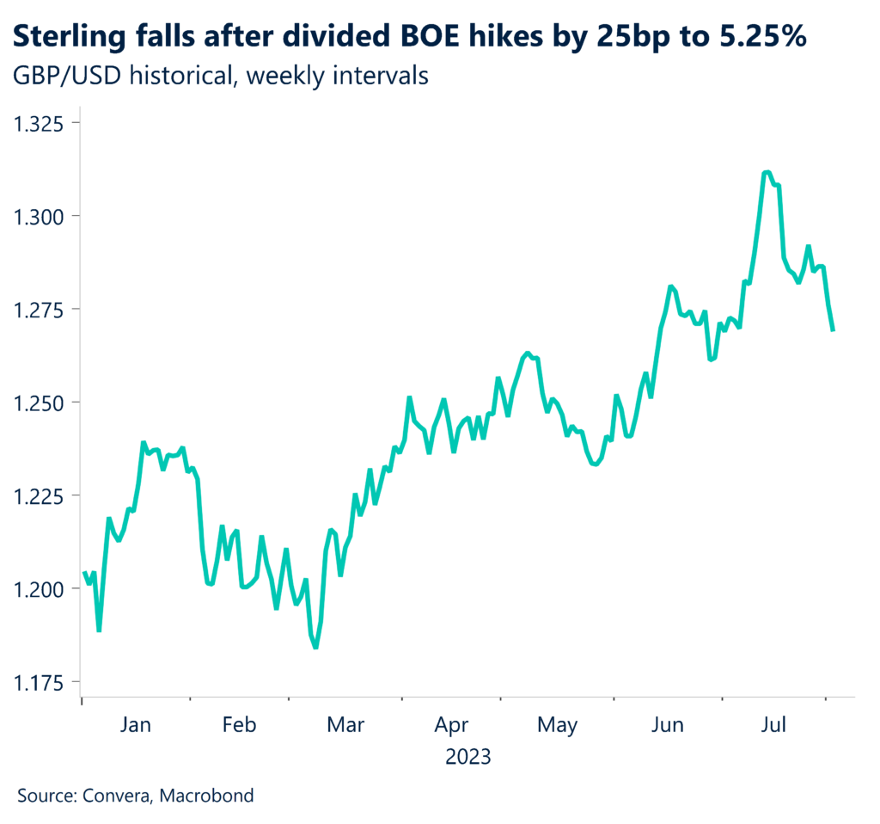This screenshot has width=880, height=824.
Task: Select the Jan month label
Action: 136,726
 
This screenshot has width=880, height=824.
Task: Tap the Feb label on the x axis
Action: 239,726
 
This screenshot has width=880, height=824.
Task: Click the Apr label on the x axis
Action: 451,726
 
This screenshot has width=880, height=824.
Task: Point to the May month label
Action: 557,726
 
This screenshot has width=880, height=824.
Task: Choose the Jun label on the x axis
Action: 667,726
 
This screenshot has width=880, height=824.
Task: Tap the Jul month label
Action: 774,726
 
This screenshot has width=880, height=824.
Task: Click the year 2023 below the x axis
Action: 468,757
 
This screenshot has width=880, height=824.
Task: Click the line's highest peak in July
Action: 766,173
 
